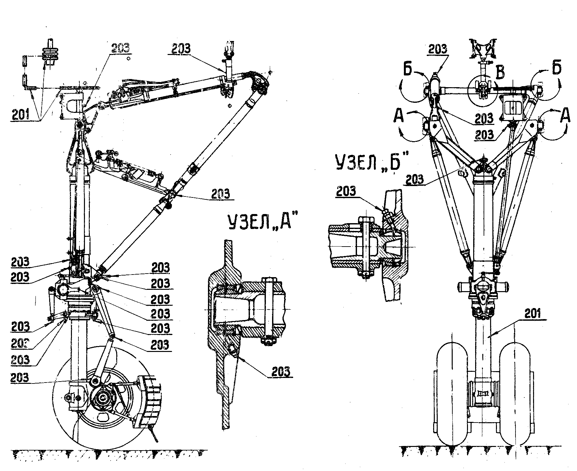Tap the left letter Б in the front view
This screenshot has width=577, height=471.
(x=409, y=70)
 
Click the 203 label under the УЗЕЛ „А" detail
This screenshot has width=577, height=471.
(x=280, y=371)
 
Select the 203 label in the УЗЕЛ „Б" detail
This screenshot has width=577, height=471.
(x=346, y=191)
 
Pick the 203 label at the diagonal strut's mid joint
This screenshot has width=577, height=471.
(x=220, y=194)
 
